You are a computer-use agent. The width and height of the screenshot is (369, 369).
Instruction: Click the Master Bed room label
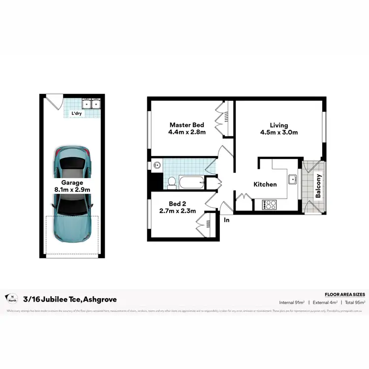[x=187, y=128]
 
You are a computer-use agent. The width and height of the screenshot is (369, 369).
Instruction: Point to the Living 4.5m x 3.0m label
[x=278, y=128]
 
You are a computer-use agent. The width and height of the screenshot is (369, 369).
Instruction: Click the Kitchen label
[x=265, y=184]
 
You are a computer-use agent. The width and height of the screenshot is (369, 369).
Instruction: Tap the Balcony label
[x=318, y=186]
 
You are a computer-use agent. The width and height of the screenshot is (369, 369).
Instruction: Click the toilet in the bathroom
[x=172, y=183]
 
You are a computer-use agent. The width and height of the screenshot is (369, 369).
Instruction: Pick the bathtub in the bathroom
[x=192, y=183]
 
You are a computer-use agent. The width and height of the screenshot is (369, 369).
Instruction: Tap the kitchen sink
[x=293, y=179]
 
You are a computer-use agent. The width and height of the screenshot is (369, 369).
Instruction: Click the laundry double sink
[x=91, y=104]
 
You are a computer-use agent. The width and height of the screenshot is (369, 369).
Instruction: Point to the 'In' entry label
[x=227, y=220]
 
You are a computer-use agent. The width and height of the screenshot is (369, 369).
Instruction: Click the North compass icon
[x=10, y=298]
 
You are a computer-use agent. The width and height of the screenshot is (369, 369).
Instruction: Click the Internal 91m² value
[x=292, y=302]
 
